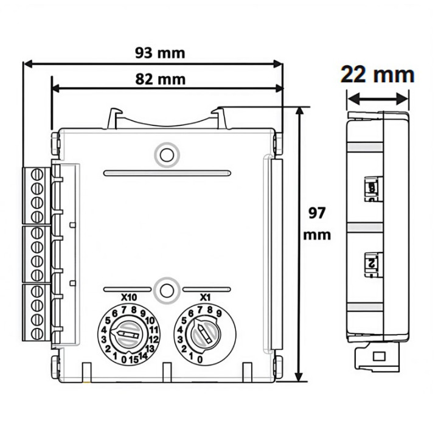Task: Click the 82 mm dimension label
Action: pyautogui.click(x=160, y=79)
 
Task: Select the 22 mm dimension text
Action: pyautogui.click(x=377, y=75)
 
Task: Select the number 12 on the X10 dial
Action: pyautogui.click(x=153, y=338)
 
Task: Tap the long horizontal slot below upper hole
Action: pyautogui.click(x=167, y=173)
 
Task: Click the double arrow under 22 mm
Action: pyautogui.click(x=377, y=97)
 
